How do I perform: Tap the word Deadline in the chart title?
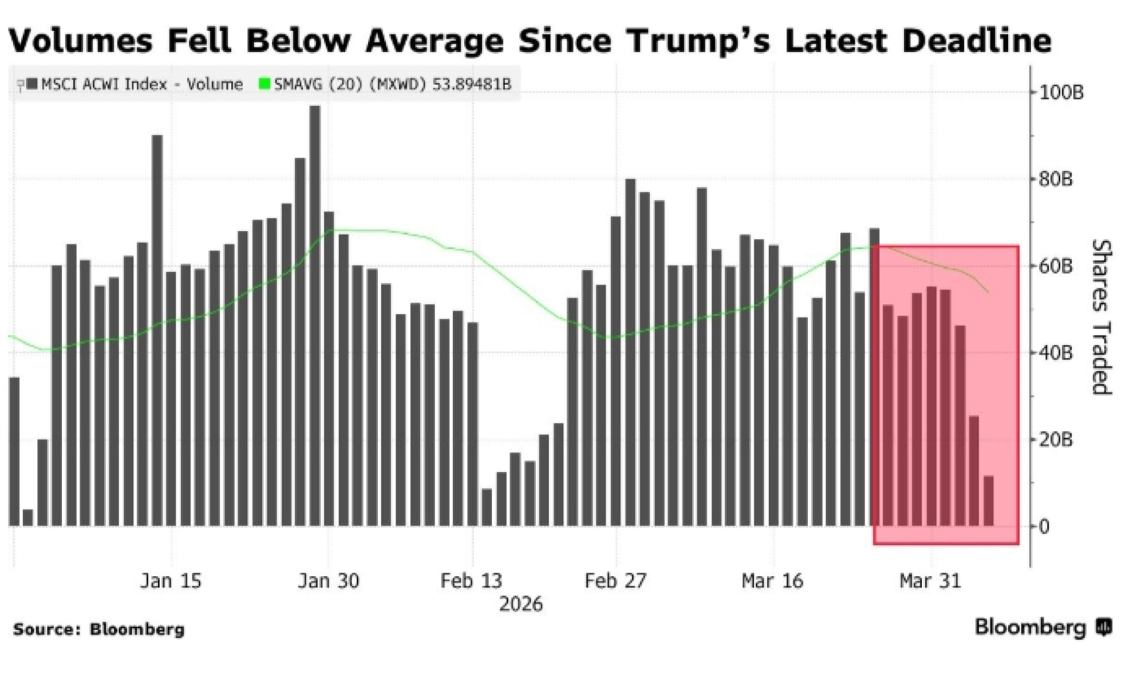977,40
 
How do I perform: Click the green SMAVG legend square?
264,84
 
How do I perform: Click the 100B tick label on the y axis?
1061,93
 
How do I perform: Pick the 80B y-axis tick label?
1055,180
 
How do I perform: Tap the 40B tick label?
1055,353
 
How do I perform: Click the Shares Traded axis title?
1101,318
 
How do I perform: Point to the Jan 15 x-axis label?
171,581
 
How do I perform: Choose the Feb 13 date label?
471,581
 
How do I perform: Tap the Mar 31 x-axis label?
930,581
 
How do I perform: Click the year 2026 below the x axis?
520,604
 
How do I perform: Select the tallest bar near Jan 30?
315,315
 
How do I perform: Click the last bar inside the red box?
989,501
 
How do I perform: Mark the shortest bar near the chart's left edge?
27,517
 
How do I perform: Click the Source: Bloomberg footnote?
98,629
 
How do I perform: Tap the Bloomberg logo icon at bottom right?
1104,628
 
